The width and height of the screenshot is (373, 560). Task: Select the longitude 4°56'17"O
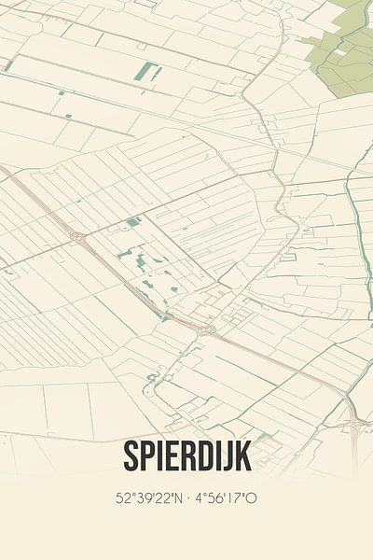(x=225, y=498)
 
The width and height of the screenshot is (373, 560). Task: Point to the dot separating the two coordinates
(x=186, y=498)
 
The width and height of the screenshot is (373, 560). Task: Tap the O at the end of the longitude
(x=253, y=498)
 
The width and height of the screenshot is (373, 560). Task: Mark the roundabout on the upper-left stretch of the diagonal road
(x=77, y=237)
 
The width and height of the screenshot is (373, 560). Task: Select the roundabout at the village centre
(x=207, y=329)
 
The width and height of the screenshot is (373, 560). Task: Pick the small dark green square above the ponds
(x=133, y=221)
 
